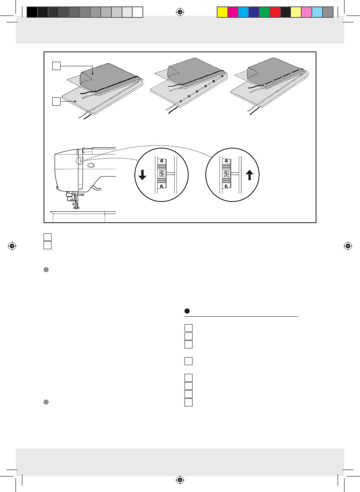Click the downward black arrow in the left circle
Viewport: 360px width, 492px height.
pyautogui.click(x=142, y=175)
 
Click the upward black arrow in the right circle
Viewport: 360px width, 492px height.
pyautogui.click(x=249, y=175)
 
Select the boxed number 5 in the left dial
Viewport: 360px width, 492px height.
pyautogui.click(x=161, y=174)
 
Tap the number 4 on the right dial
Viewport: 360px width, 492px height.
pyautogui.click(x=226, y=161)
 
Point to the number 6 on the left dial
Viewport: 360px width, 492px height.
pyautogui.click(x=161, y=186)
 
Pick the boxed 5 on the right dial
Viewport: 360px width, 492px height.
pyautogui.click(x=226, y=174)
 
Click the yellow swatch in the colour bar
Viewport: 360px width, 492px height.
pyautogui.click(x=222, y=12)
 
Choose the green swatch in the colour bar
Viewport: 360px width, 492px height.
pyautogui.click(x=265, y=12)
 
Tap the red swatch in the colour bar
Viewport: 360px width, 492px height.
pyautogui.click(x=275, y=12)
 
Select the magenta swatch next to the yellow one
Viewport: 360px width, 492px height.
pyautogui.click(x=233, y=12)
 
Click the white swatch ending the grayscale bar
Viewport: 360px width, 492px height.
pyautogui.click(x=138, y=12)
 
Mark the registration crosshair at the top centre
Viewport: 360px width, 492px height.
pyautogui.click(x=180, y=12)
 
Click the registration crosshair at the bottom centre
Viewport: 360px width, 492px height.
pyautogui.click(x=180, y=480)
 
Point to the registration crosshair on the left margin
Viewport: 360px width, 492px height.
pyautogui.click(x=12, y=246)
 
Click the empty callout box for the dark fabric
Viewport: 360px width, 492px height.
pyautogui.click(x=56, y=66)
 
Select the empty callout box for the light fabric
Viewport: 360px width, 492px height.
pyautogui.click(x=56, y=102)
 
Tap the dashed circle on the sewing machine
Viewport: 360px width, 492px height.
pyautogui.click(x=79, y=161)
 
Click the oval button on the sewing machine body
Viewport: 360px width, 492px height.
pyautogui.click(x=91, y=165)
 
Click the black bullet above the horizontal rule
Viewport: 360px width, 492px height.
pyautogui.click(x=187, y=311)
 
